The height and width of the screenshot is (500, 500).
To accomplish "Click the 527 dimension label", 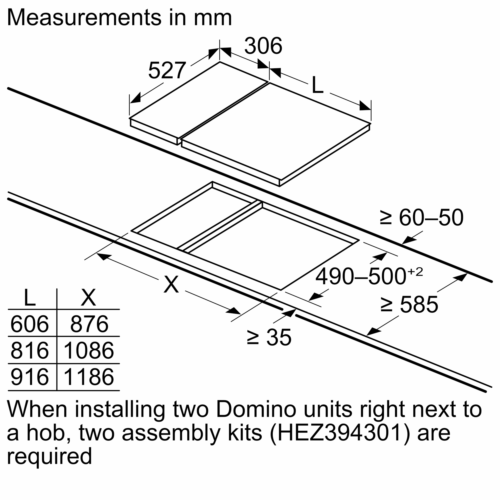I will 167,70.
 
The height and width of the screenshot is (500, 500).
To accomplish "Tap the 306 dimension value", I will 263,46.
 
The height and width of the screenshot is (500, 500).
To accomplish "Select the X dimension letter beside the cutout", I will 171,284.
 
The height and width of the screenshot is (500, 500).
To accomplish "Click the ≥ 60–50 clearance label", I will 421,218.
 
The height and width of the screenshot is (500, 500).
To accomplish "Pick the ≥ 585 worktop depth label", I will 409,304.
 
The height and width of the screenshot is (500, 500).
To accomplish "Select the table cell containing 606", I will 29,324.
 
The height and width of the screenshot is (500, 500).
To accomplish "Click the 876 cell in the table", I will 89,324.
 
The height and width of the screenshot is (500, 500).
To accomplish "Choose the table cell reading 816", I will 29,350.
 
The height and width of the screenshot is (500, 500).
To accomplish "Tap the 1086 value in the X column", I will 88,350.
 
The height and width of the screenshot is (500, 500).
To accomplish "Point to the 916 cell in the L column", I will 29,377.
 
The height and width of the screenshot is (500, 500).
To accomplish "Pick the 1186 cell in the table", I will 88,377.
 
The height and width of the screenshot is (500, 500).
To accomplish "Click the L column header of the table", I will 29,298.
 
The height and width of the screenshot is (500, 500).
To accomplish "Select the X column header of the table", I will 88,298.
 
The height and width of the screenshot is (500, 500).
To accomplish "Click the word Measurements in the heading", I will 84,17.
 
